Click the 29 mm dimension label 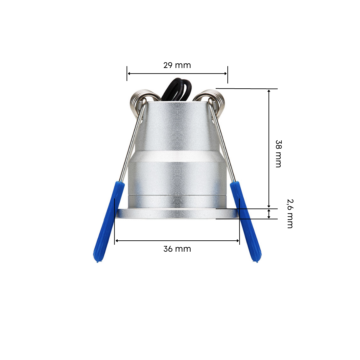[177, 65]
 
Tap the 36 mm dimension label [177, 249]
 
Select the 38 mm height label [278, 153]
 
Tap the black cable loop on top [177, 89]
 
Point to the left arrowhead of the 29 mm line [129, 74]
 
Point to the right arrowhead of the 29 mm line [226, 74]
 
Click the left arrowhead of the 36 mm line [116, 241]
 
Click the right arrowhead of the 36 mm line [238, 241]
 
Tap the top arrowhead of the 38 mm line [269, 91]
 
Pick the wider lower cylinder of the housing [177, 177]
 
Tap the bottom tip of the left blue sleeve [97, 261]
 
